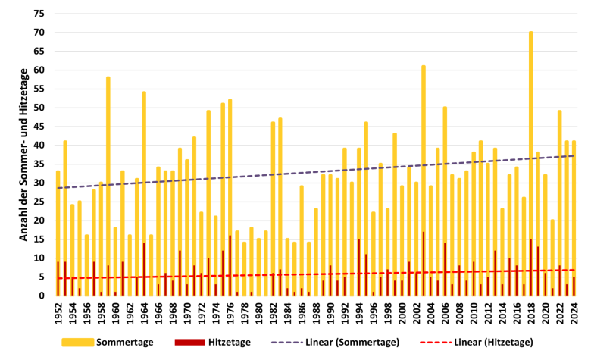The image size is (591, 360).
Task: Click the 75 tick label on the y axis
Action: (39, 14)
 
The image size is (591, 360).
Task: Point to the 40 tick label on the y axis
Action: (39, 145)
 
